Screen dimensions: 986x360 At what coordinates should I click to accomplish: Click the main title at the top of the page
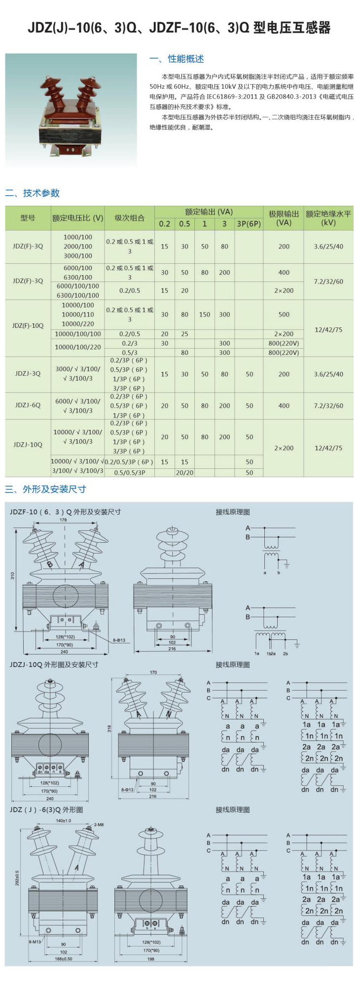pyautogui.click(x=179, y=28)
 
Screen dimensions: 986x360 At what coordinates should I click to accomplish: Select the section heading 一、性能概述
pyautogui.click(x=177, y=59)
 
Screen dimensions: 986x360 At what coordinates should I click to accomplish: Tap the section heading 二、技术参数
pyautogui.click(x=33, y=193)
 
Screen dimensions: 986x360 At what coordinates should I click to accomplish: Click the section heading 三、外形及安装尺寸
pyautogui.click(x=45, y=489)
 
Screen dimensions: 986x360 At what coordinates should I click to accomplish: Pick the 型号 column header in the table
pyautogui.click(x=28, y=218)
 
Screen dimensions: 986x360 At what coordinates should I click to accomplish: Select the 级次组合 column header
pyautogui.click(x=129, y=218)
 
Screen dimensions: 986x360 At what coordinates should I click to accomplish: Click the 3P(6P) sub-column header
pyautogui.click(x=249, y=224)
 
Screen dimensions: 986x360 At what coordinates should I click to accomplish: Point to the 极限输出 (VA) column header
pyautogui.click(x=284, y=218)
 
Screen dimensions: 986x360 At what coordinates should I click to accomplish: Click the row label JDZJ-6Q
pyautogui.click(x=28, y=405)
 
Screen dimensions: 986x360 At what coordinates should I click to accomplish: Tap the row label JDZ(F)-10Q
pyautogui.click(x=28, y=325)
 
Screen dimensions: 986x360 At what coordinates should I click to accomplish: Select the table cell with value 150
pyautogui.click(x=205, y=315)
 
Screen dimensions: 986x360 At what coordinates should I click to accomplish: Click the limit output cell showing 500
pyautogui.click(x=284, y=315)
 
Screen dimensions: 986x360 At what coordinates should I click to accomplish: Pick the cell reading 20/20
pyautogui.click(x=184, y=472)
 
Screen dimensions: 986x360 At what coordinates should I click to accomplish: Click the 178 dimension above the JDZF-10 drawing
pyautogui.click(x=63, y=520)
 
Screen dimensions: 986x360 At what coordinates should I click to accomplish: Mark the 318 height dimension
pyautogui.click(x=109, y=728)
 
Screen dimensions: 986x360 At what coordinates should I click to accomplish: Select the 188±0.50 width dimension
pyautogui.click(x=64, y=959)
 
